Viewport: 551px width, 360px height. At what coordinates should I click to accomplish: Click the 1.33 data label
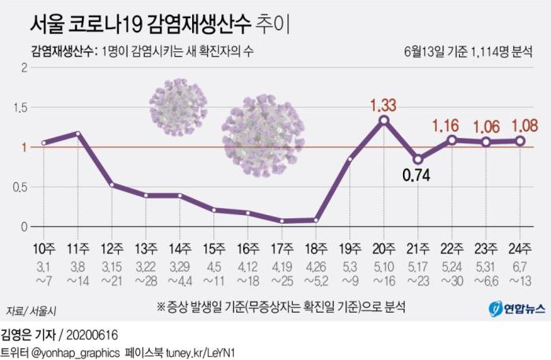(383, 104)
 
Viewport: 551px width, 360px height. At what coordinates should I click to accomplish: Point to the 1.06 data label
(486, 128)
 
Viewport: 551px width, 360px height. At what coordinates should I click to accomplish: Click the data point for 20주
(383, 120)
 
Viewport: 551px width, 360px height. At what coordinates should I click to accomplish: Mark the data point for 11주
(78, 133)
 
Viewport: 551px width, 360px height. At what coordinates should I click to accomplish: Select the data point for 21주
(417, 159)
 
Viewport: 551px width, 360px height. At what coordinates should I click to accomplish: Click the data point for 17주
(282, 221)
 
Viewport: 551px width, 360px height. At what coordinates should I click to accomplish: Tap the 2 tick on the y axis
(25, 67)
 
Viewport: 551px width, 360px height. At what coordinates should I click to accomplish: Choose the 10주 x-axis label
(44, 250)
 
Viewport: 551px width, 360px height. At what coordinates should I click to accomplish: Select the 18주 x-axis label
(315, 250)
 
